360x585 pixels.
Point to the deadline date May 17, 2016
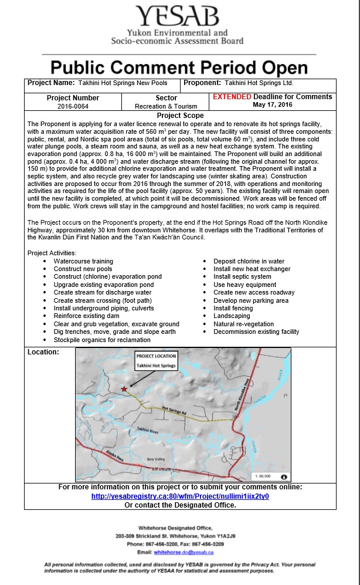pos(272,105)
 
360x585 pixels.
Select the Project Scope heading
pos(180,116)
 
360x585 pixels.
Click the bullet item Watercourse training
pos(83,261)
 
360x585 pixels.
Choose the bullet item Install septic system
pos(242,276)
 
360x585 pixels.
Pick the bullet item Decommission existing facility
pos(256,332)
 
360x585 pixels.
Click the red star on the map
pos(124,389)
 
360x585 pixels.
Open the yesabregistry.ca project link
pos(180,496)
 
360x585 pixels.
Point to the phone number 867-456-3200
pos(165,544)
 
